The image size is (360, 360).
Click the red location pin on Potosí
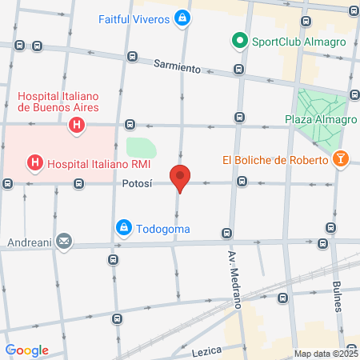(x=180, y=177)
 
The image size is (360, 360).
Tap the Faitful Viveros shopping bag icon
(x=183, y=17)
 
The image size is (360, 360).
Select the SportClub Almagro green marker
(x=238, y=39)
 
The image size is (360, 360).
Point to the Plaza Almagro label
(x=319, y=120)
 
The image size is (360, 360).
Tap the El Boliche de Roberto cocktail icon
(x=341, y=159)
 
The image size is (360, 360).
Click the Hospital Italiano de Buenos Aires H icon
(x=77, y=125)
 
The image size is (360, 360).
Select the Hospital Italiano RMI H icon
(x=35, y=165)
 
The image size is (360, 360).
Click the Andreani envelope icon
(x=63, y=240)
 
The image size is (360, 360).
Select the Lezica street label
(x=206, y=351)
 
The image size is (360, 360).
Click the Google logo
(x=26, y=350)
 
